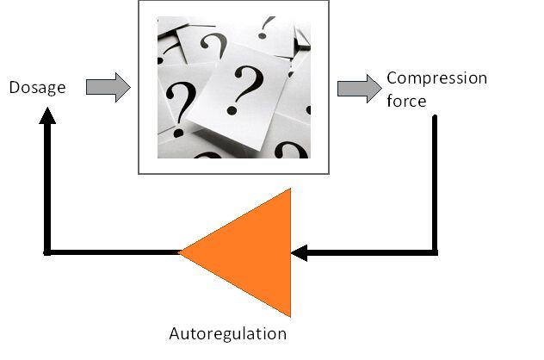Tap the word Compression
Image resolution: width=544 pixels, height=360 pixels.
point(436,78)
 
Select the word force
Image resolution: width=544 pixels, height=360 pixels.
point(405,100)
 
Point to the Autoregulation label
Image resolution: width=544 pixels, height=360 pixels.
point(227,333)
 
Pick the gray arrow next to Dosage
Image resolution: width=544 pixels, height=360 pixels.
point(108,87)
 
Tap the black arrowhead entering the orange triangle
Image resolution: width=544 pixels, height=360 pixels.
point(300,252)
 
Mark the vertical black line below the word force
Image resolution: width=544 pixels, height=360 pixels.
point(435,181)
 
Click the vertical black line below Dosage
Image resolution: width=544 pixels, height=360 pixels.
point(48,189)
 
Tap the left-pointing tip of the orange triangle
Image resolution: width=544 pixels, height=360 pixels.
point(181,252)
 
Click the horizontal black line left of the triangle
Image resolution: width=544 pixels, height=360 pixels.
point(112,252)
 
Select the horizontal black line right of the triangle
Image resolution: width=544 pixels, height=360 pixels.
point(370,252)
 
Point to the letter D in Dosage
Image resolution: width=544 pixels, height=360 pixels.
point(15,87)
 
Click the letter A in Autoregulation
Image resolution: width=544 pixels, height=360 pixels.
point(174,333)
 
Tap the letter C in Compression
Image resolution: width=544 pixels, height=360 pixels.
point(393,78)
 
